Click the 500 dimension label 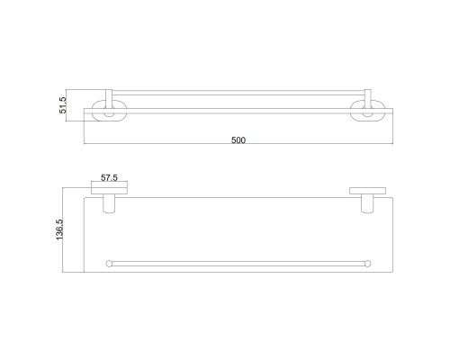[238, 139]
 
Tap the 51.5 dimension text [63, 105]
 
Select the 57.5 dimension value [109, 177]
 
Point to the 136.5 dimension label [59, 229]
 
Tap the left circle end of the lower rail [109, 264]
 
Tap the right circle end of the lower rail [368, 264]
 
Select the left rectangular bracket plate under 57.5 [109, 191]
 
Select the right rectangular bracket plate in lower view [368, 191]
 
